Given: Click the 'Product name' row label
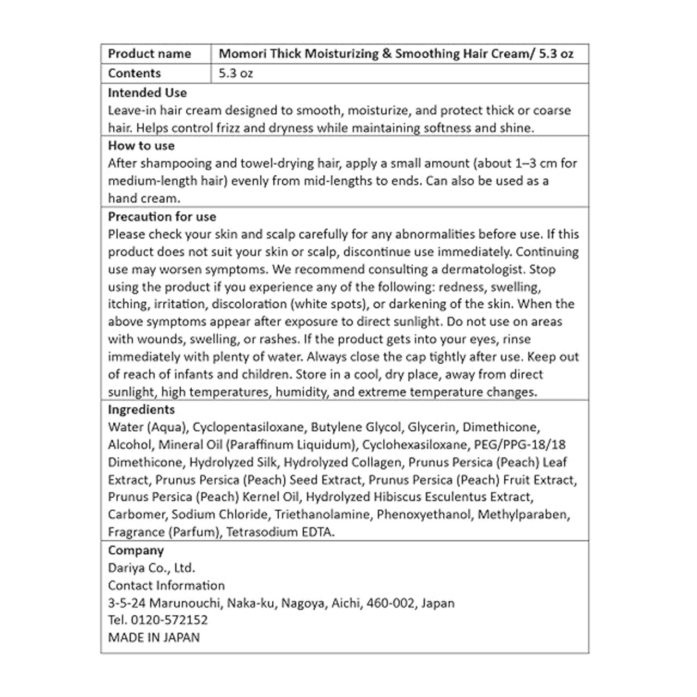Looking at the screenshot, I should pyautogui.click(x=149, y=54).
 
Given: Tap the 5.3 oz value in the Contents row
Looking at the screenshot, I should pyautogui.click(x=236, y=74).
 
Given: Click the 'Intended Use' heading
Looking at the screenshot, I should pyautogui.click(x=147, y=93).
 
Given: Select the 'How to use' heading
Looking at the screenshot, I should pyautogui.click(x=141, y=146).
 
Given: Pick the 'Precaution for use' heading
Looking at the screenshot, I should pyautogui.click(x=162, y=217).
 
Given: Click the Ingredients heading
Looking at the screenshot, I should pyautogui.click(x=141, y=409).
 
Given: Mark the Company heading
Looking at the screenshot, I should pyautogui.click(x=136, y=551).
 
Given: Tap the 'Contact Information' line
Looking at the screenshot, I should pyautogui.click(x=166, y=585).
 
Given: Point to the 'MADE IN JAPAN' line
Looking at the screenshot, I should pyautogui.click(x=154, y=637).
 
